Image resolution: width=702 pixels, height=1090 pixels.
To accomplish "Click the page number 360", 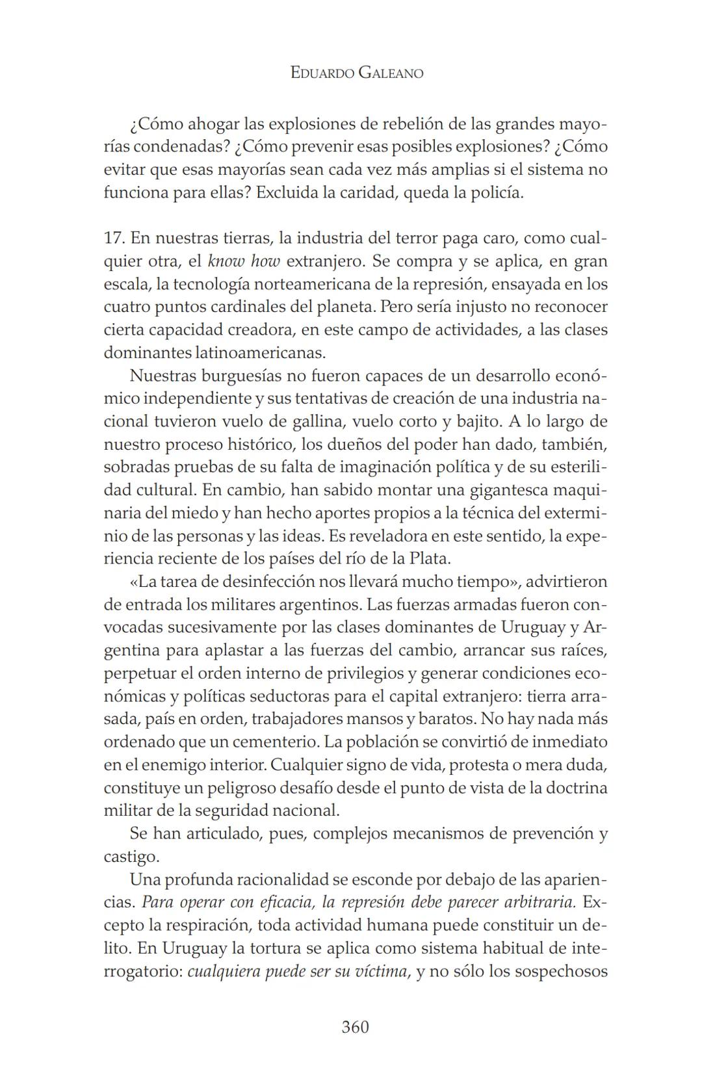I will tap(355, 1027).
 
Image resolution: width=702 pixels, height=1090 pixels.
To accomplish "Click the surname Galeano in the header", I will tap(391, 73).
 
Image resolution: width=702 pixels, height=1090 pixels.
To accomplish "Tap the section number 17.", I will tap(114, 238).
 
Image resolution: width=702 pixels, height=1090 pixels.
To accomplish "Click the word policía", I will tap(497, 193).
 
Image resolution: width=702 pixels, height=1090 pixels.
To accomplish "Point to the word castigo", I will tap(130, 857).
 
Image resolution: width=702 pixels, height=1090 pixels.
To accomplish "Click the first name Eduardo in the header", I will tap(321, 73).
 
